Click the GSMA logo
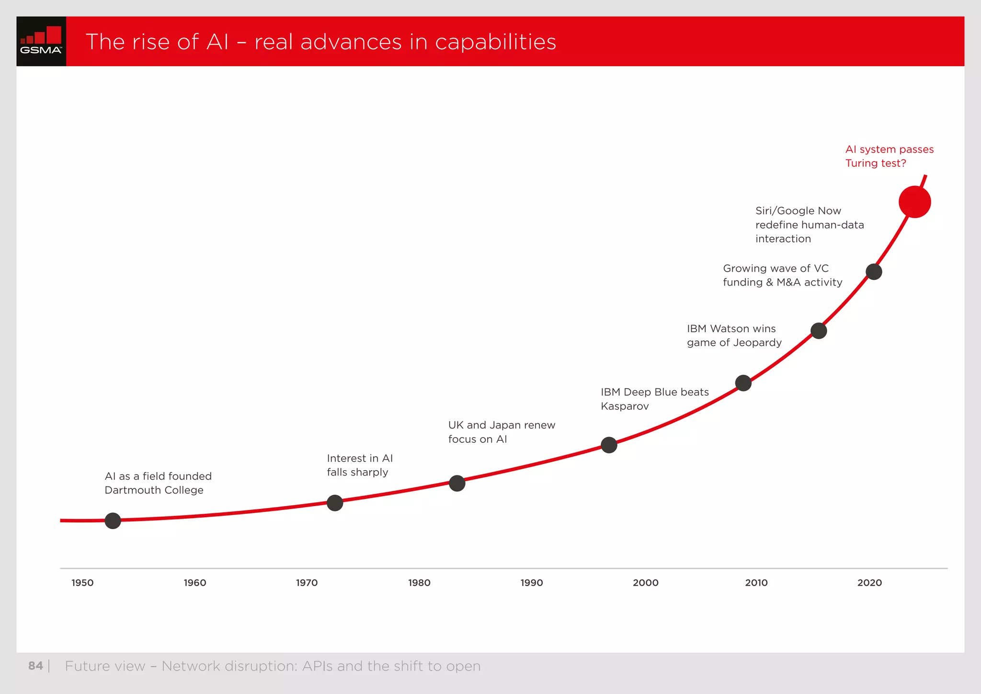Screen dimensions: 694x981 [x=41, y=41]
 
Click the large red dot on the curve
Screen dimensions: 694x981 [x=914, y=202]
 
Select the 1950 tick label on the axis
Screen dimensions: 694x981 [x=82, y=583]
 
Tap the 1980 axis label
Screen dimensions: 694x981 [x=419, y=583]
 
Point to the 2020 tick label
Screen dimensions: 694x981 [x=869, y=583]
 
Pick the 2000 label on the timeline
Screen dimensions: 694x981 [x=645, y=583]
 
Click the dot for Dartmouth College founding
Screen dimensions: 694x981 [x=113, y=520]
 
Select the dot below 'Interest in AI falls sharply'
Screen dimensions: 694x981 [x=335, y=503]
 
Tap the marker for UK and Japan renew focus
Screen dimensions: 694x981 [x=457, y=483]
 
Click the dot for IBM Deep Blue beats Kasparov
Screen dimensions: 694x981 [x=609, y=445]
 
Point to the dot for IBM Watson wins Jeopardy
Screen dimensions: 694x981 [x=743, y=383]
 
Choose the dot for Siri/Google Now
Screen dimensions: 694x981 [x=874, y=272]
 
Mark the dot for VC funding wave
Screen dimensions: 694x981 [x=819, y=331]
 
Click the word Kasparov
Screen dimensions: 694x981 [x=625, y=406]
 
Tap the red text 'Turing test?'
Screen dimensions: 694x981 [x=876, y=163]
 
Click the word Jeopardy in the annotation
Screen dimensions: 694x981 [x=757, y=343]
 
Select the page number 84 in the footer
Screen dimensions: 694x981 [x=35, y=666]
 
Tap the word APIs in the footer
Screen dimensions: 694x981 [x=317, y=666]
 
